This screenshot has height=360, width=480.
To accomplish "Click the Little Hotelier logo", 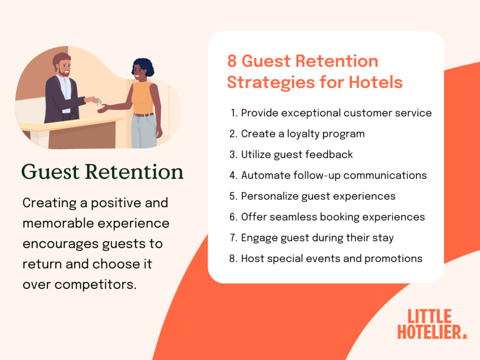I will pos(432,323).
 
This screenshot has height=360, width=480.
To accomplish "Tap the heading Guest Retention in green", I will pos(103,172).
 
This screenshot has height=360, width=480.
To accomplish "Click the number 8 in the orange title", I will pos(232,61).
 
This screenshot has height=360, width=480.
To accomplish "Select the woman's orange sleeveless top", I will pos(142,97).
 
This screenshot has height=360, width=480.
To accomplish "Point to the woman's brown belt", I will pos(143,114).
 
